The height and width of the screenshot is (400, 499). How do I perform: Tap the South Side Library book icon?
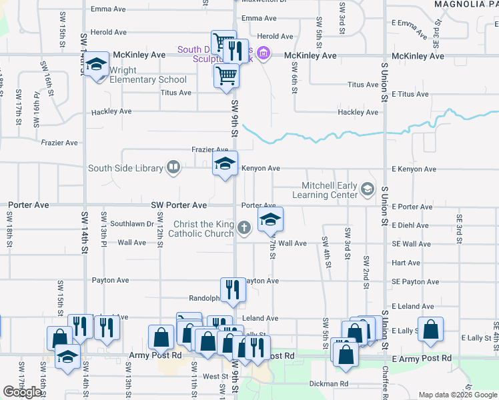click(173, 167)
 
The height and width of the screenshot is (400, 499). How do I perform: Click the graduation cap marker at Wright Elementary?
click(97, 65)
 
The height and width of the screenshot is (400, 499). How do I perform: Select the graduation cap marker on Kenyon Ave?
click(225, 163)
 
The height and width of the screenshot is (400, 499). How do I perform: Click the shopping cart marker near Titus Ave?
click(226, 77)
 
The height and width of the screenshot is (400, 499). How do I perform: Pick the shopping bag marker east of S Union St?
click(432, 330)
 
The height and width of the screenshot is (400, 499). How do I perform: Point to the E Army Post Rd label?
click(422, 359)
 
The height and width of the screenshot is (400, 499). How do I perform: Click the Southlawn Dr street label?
click(132, 224)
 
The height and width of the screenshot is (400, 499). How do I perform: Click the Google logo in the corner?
click(23, 392)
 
